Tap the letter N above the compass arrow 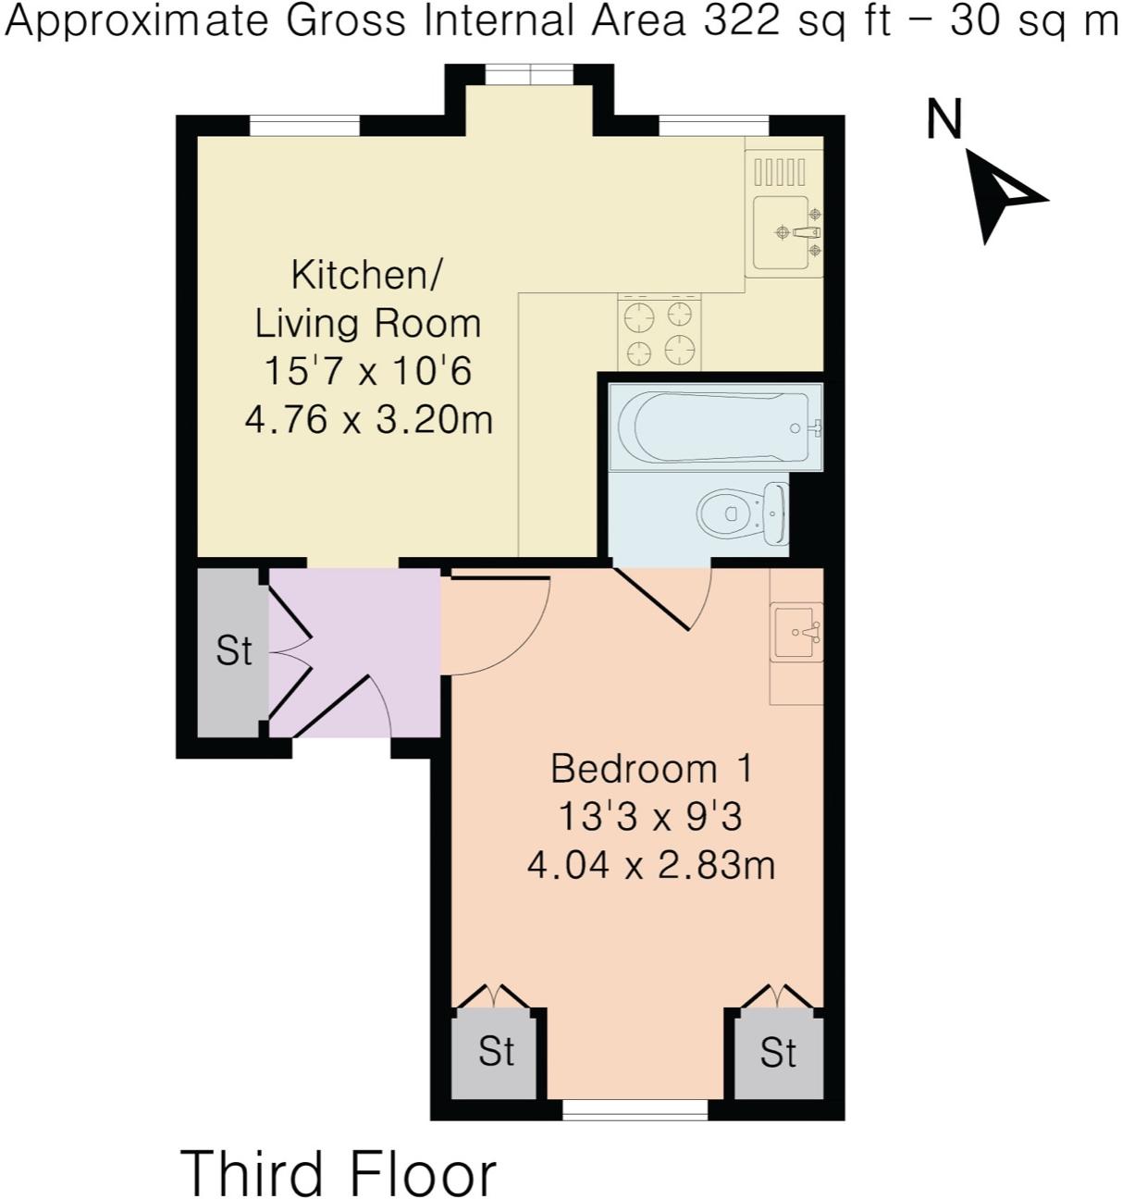coord(945,120)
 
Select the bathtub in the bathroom coord(714,427)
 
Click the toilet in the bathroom coord(741,513)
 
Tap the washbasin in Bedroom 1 coord(795,633)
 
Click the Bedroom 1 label coord(651,769)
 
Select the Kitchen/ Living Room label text coord(367,299)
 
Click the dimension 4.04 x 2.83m coord(651,865)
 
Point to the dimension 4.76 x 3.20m coord(368,420)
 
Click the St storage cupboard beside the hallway coord(232,651)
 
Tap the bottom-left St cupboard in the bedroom coord(496,1052)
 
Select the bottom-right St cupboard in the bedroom coord(778,1053)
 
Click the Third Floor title coord(339,1172)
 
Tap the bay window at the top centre coord(530,74)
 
